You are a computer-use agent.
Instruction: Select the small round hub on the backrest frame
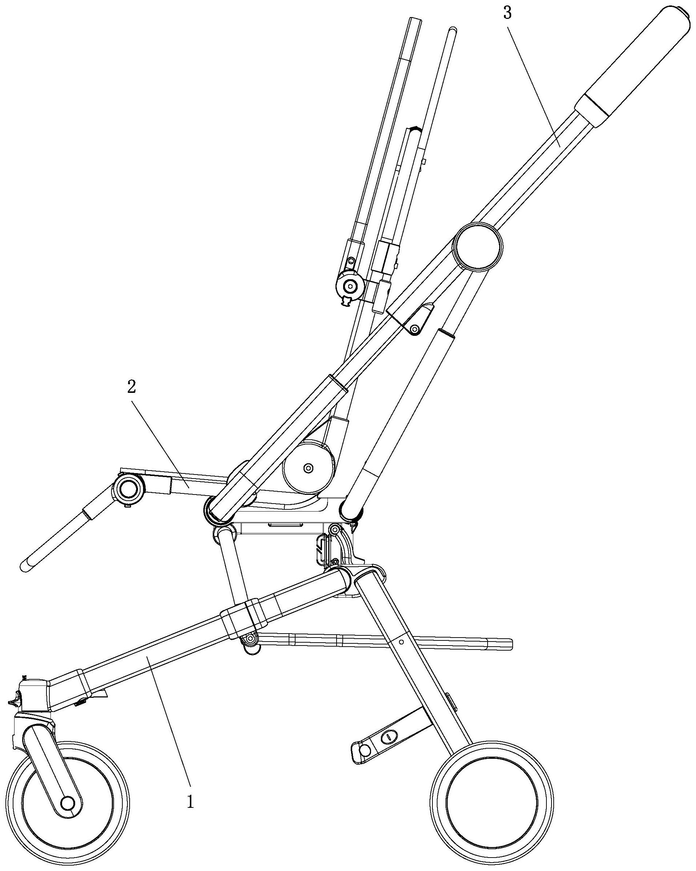[350, 286]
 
